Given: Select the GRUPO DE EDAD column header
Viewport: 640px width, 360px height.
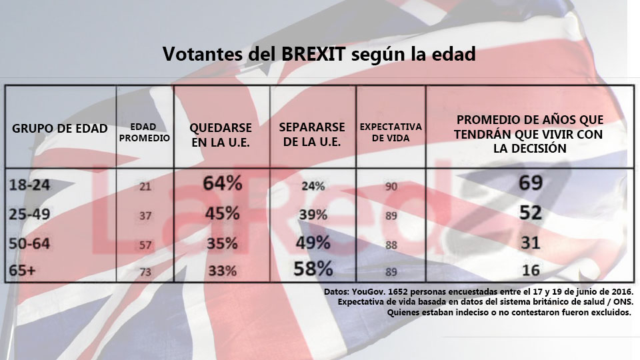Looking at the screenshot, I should tap(60, 129).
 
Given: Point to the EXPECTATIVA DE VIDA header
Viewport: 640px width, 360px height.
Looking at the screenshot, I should tap(391, 132).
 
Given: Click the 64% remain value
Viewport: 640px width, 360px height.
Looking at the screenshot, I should tap(223, 183).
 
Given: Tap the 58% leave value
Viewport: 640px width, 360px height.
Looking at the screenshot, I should tap(313, 269).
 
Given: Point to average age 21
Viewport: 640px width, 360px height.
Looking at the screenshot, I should tap(145, 187).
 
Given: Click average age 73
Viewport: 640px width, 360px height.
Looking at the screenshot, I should tap(145, 271).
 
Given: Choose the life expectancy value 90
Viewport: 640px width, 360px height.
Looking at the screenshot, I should tap(391, 187).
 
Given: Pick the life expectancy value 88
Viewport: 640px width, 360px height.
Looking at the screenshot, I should tap(391, 245).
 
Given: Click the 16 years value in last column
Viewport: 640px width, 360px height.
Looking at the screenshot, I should tap(531, 270).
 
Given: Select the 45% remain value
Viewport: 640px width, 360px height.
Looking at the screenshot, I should tap(223, 214).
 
